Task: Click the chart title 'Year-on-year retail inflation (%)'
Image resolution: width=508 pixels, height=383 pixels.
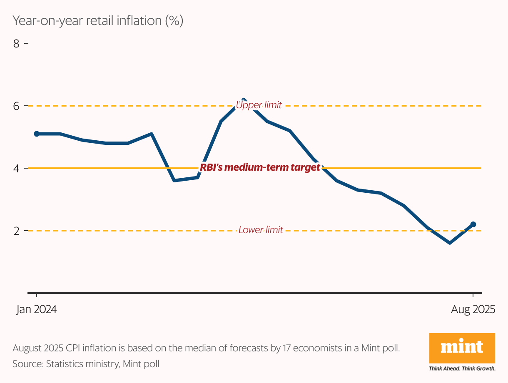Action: (x=98, y=21)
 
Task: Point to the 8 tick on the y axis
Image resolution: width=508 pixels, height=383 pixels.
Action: (x=17, y=43)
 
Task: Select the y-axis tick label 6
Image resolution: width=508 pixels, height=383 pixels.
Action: (x=17, y=106)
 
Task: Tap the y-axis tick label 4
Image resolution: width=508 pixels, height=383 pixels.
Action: (x=17, y=168)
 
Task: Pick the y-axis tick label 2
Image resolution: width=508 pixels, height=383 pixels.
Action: (x=17, y=231)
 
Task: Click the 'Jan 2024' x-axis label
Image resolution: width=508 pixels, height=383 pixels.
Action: (x=37, y=310)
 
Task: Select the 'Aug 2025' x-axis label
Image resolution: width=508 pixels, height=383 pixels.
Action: (x=473, y=310)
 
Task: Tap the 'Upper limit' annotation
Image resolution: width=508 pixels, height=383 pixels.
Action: (x=259, y=105)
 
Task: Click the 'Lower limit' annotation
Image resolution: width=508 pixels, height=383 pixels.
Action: (x=261, y=230)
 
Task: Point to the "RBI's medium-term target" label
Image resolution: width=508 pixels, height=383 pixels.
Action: (x=260, y=167)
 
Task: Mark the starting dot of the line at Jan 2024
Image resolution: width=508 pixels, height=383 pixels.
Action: (x=37, y=134)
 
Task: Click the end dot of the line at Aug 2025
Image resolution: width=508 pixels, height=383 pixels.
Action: (x=473, y=224)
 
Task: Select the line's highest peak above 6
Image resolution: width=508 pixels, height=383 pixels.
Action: (x=244, y=100)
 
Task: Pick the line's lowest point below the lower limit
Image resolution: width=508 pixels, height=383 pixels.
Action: (x=450, y=243)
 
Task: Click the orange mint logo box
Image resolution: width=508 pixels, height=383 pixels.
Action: (x=462, y=348)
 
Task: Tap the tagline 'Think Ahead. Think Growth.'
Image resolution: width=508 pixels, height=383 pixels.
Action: (x=462, y=368)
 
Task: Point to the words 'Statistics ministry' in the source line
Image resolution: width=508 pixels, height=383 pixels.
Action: (x=83, y=364)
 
